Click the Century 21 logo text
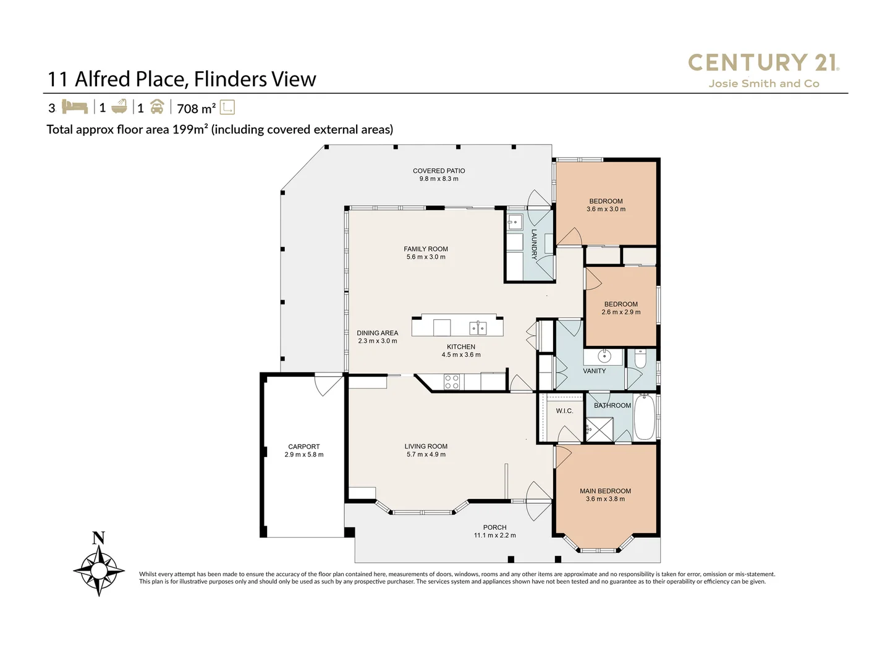[x=763, y=62]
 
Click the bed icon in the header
[x=75, y=107]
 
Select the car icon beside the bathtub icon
[x=157, y=107]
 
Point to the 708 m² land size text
[x=196, y=109]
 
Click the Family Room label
[x=426, y=249]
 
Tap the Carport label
[x=304, y=447]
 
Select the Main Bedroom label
[x=605, y=491]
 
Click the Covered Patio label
[x=439, y=170]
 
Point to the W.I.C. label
[x=564, y=411]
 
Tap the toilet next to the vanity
[x=641, y=359]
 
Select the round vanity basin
[x=604, y=356]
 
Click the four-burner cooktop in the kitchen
[x=452, y=382]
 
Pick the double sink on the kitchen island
[x=478, y=327]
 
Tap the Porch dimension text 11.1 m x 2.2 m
[x=494, y=535]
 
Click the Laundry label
[x=534, y=244]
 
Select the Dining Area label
[x=377, y=333]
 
